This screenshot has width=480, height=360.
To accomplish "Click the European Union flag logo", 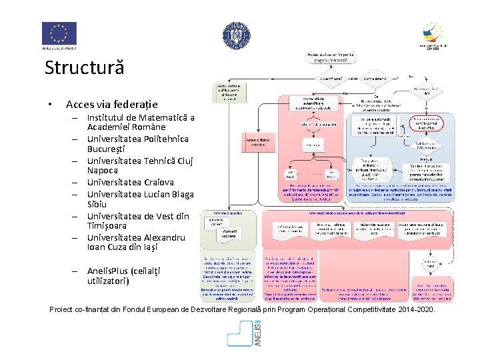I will pos(59,34).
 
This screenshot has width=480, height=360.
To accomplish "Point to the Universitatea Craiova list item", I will pos(130,182).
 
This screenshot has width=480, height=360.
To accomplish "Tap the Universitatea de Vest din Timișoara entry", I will pos(137,221).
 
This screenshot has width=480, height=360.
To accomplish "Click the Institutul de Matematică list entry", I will pos(140,123).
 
